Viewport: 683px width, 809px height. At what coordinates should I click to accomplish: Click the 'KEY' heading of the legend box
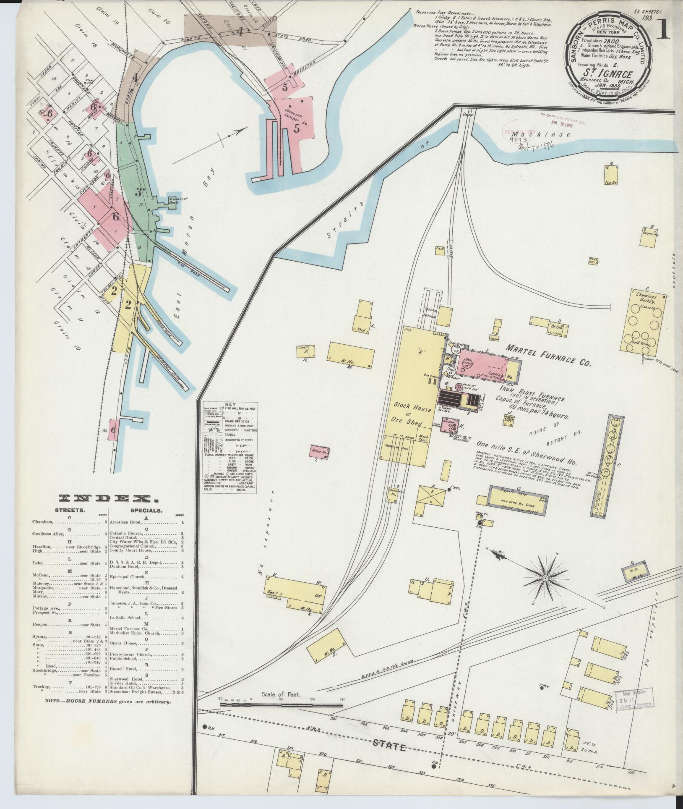pos(231,401)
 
